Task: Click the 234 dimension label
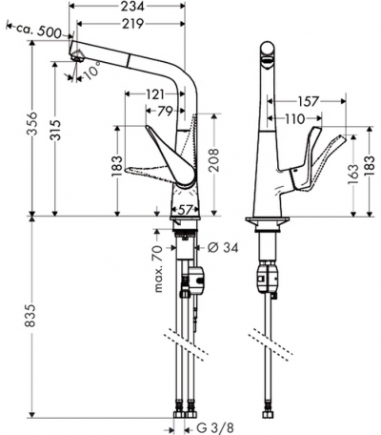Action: click(132, 6)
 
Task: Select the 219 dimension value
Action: click(133, 24)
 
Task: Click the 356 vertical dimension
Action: click(32, 123)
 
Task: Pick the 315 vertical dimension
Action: click(55, 130)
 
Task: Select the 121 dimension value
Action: click(154, 94)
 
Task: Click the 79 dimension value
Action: click(165, 111)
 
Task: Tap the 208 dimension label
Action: click(215, 160)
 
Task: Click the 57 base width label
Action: click(185, 210)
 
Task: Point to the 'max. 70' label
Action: click(158, 269)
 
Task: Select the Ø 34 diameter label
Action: click(223, 247)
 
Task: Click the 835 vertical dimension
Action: click(30, 316)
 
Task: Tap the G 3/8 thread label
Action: click(211, 428)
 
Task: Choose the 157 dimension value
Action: click(308, 101)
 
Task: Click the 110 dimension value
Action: click(294, 119)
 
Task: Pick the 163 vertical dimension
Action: click(352, 174)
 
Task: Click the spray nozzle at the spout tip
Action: click(78, 57)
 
